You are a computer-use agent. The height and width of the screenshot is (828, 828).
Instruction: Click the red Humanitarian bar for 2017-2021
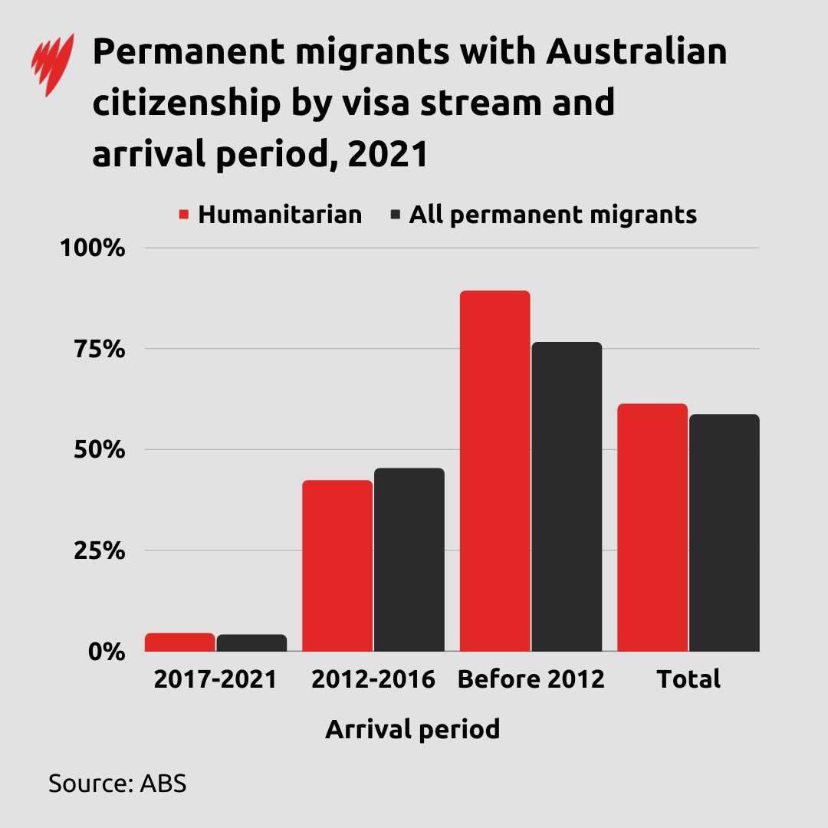tap(179, 642)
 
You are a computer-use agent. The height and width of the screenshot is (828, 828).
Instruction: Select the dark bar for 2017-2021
tap(251, 643)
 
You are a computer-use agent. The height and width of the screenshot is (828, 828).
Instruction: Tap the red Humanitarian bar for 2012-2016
tap(337, 566)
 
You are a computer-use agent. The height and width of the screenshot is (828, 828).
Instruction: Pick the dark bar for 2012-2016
tap(409, 560)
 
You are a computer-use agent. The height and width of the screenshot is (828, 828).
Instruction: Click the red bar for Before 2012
tap(495, 472)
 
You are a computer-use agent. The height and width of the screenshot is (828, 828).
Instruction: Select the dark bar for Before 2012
tap(567, 497)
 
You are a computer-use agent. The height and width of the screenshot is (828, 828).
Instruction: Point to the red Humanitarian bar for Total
tap(652, 527)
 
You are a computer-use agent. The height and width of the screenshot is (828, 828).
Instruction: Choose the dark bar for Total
tap(724, 533)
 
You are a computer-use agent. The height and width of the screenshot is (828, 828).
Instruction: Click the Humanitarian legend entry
tap(271, 214)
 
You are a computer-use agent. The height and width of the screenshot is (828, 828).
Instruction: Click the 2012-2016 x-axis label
tap(373, 679)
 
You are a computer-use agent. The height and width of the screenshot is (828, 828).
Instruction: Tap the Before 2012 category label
tap(531, 679)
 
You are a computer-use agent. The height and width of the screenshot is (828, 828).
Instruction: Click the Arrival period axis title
tap(412, 728)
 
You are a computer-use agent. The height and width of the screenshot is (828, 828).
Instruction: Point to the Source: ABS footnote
tap(117, 784)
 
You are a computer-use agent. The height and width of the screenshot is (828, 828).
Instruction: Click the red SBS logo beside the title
tap(52, 64)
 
